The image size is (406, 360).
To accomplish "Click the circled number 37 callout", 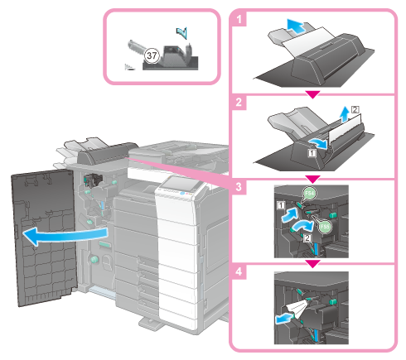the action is tap(152, 55).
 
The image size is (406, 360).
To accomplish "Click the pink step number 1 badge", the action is tap(239, 19).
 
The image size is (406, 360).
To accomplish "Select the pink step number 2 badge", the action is tap(239, 103).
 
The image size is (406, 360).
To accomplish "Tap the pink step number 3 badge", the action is tap(239, 187).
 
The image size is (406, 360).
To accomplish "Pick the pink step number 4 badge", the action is tap(239, 271).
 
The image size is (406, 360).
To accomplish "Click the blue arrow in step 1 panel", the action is tap(296, 26).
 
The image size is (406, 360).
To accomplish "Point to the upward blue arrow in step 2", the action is tap(345, 114).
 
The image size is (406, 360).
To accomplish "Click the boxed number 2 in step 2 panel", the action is tap(355, 109).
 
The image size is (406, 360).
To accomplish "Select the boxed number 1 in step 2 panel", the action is tap(312, 152).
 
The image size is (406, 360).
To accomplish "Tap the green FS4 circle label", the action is tap(310, 194).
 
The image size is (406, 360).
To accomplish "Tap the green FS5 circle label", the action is tap(325, 227).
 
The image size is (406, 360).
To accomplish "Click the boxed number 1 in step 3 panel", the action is tap(281, 205).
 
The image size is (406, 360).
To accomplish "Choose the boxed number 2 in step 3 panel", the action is tap(307, 238).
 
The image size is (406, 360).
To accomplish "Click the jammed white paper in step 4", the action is tap(298, 309).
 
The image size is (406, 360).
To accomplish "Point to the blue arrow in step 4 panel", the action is tap(284, 319).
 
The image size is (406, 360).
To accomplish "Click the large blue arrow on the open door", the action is tap(64, 236).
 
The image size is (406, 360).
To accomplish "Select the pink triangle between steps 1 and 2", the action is tap(313, 94).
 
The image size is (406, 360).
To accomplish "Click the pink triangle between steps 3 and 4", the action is tap(313, 263).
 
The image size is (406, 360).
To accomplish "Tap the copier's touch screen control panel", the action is tap(180, 183).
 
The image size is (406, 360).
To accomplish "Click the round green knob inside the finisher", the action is tap(94, 259).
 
